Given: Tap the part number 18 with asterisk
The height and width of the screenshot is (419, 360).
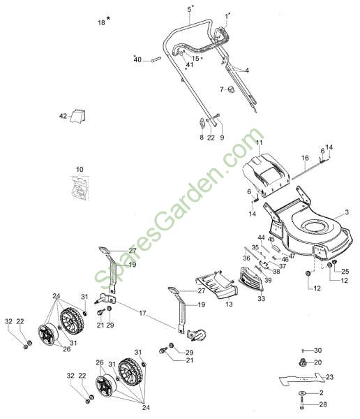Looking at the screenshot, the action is (104, 22).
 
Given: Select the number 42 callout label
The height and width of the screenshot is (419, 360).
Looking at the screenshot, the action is (63, 116).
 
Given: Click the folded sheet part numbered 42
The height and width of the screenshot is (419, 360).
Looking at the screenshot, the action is (77, 116).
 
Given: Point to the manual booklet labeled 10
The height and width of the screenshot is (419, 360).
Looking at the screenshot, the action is (80, 188).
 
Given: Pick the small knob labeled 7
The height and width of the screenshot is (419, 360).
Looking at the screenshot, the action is (232, 89).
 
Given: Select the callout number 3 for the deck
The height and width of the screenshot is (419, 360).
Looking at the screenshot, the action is (347, 212).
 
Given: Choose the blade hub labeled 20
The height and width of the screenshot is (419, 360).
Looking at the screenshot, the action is (301, 362).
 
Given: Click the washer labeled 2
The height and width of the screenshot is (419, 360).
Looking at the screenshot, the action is (301, 393).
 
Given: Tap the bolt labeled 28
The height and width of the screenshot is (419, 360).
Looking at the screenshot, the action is (302, 404).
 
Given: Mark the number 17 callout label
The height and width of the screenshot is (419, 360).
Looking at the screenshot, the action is (142, 313).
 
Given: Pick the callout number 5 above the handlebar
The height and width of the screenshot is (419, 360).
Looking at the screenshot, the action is (189, 9).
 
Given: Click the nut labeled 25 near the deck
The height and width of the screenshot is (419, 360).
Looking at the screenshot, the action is (334, 262).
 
